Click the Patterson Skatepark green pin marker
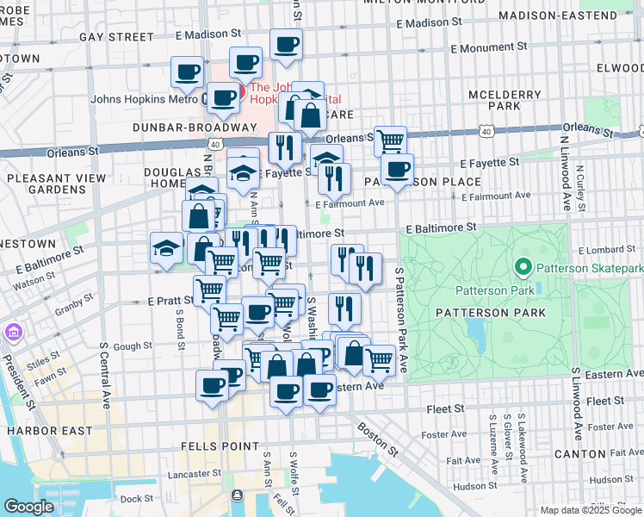[x=521, y=268]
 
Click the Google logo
[x=28, y=507]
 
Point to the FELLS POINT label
[x=220, y=446]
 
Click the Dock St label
[x=136, y=497]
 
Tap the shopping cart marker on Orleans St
[x=391, y=140]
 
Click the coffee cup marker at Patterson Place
[x=397, y=169]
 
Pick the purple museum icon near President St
[x=12, y=332]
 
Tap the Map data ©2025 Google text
[x=589, y=510]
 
